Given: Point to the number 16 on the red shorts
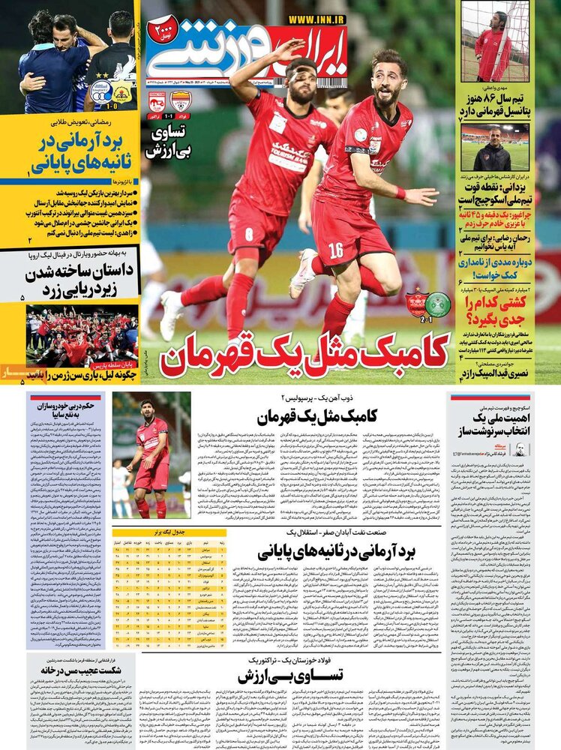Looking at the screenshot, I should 335,249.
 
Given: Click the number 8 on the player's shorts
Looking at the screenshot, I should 250,234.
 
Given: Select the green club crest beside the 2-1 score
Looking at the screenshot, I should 438,303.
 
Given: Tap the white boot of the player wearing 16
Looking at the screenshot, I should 304,274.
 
